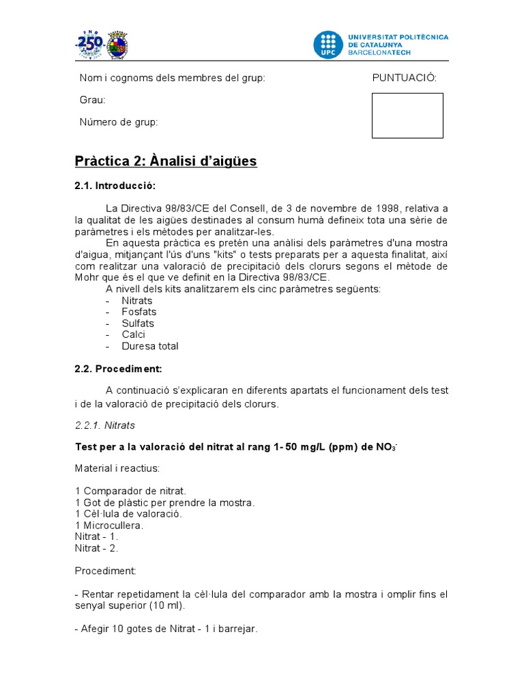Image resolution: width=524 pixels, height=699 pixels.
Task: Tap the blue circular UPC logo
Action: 328,44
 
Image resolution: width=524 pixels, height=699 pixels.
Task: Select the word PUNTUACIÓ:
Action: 404,78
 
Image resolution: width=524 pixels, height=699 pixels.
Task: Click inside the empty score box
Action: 407,115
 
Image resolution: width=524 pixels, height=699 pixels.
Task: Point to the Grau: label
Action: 93,100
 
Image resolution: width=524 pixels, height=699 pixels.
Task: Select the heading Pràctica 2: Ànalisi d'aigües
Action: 165,161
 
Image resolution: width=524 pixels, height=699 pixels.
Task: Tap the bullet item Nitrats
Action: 137,300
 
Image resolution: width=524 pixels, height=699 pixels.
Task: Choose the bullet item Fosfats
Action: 139,312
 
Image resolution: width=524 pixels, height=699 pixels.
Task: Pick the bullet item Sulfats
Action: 138,324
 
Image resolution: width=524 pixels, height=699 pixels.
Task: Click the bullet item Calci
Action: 134,334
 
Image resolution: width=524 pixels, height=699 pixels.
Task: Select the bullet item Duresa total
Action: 150,346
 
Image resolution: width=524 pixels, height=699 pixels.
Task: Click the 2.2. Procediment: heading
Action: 118,369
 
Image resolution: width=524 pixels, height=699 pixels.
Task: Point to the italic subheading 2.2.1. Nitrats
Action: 105,425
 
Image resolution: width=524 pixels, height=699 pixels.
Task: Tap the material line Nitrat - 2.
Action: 97,547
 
